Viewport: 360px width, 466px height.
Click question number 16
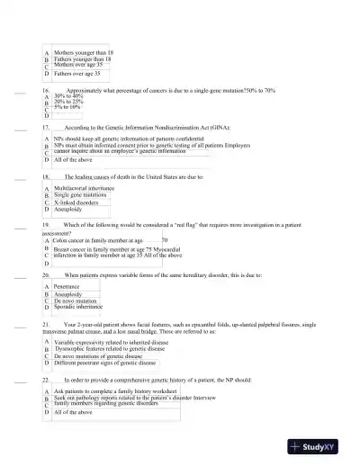click(46, 91)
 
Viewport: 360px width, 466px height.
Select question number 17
click(46, 130)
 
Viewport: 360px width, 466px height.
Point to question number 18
click(46, 178)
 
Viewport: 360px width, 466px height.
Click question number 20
click(46, 273)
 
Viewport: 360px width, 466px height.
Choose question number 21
click(46, 321)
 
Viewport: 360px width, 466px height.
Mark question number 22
click(46, 381)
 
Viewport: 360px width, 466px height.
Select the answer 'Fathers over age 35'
click(80, 75)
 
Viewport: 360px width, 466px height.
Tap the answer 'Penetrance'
click(70, 285)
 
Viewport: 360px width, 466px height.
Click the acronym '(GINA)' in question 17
click(236, 130)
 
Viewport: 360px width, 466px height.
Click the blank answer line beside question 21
click(21, 321)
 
